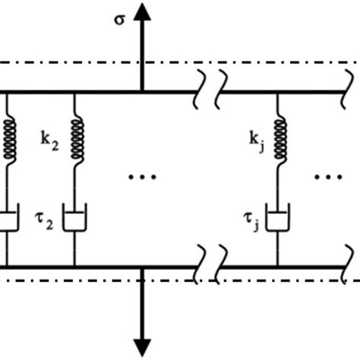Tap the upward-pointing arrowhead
point(141,11)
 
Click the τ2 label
point(48,223)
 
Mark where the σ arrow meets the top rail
point(141,93)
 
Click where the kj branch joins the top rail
point(278,93)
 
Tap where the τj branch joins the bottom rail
point(278,267)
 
